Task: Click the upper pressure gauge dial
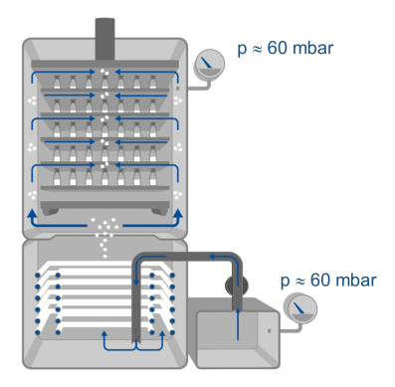pyautogui.click(x=209, y=65)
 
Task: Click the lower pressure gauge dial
pyautogui.click(x=301, y=308)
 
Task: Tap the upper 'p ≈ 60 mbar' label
pyautogui.click(x=286, y=49)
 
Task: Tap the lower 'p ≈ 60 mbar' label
pyautogui.click(x=328, y=281)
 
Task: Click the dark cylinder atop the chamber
pyautogui.click(x=104, y=39)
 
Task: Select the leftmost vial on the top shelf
pyautogui.click(x=57, y=82)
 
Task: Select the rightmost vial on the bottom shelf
pyautogui.click(x=153, y=177)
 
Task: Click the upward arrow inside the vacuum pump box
pyautogui.click(x=238, y=324)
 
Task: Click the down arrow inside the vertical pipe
pyautogui.click(x=135, y=272)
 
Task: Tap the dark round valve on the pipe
pyautogui.click(x=237, y=285)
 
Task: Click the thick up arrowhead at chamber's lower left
pyautogui.click(x=32, y=214)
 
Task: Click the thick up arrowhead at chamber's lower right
pyautogui.click(x=178, y=214)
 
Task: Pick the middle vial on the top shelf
pyautogui.click(x=104, y=82)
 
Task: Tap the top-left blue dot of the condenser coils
pyautogui.click(x=38, y=276)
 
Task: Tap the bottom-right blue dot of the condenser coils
pyautogui.click(x=172, y=331)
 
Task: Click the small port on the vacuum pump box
pyautogui.click(x=269, y=330)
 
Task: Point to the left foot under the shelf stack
pyautogui.click(x=51, y=211)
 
